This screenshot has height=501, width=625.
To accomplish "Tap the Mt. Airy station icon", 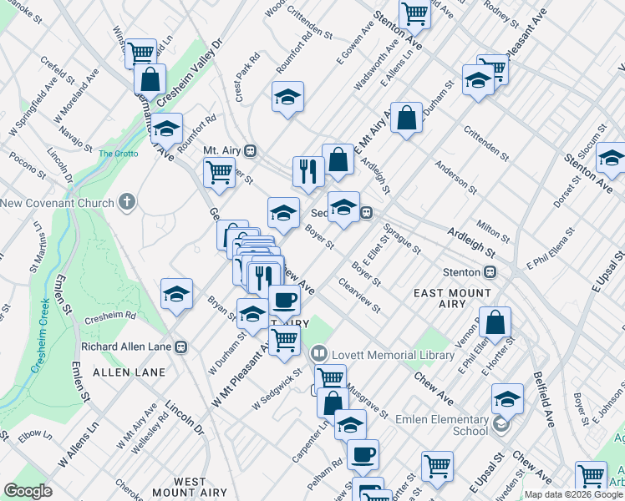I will (x=251, y=151).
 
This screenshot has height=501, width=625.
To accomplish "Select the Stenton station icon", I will (x=491, y=271).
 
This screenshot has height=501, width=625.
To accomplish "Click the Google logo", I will (x=28, y=491).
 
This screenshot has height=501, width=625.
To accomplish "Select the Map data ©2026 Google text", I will (x=572, y=494).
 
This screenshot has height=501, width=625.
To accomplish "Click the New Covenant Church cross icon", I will (x=127, y=202).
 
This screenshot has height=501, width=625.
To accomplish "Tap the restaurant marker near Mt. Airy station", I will (x=308, y=172).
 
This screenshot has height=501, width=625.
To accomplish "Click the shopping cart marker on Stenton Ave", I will (x=414, y=13).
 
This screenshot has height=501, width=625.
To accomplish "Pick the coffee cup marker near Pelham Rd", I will (x=363, y=455).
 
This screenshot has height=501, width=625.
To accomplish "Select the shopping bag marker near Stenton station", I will (x=495, y=323).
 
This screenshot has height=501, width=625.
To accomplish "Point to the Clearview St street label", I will (x=359, y=296).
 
